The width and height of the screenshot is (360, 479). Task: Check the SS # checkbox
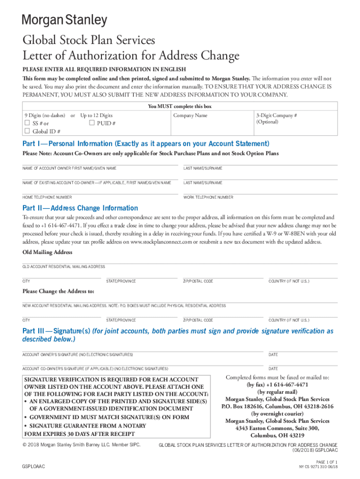27,123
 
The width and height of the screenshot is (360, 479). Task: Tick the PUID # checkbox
92,123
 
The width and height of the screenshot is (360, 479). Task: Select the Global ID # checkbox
27,131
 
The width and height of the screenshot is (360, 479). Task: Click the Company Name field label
190,116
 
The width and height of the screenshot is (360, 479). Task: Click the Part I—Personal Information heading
145,144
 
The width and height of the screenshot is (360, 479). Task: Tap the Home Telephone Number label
47,197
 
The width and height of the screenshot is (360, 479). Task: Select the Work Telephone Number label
208,197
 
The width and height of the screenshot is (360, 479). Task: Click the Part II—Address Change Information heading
80,208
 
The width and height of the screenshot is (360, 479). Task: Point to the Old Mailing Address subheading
47,252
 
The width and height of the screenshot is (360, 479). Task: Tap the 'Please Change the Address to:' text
58,291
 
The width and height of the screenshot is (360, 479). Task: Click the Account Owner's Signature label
78,355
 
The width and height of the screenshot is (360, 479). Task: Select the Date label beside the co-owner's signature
273,369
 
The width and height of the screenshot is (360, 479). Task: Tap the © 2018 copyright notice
81,444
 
